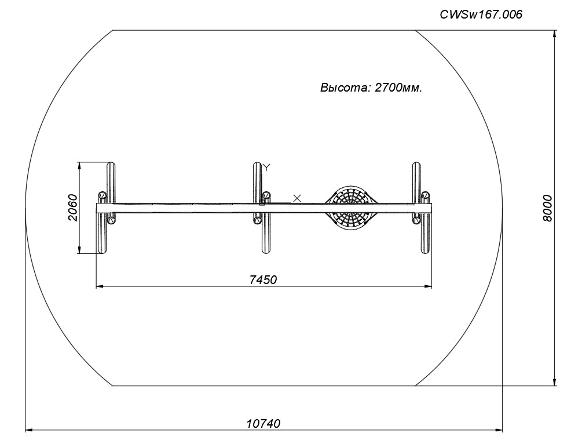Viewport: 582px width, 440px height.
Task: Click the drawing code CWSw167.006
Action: point(481,14)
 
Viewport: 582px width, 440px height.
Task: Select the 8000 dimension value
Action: point(547,208)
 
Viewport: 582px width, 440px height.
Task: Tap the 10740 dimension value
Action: point(263,423)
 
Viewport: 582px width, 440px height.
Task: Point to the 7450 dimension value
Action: point(263,279)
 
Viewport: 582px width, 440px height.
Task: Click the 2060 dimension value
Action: point(73,208)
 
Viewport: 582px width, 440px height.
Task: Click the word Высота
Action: point(345,88)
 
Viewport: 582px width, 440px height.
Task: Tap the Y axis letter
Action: point(266,167)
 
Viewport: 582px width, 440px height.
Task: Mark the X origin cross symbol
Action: point(297,198)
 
